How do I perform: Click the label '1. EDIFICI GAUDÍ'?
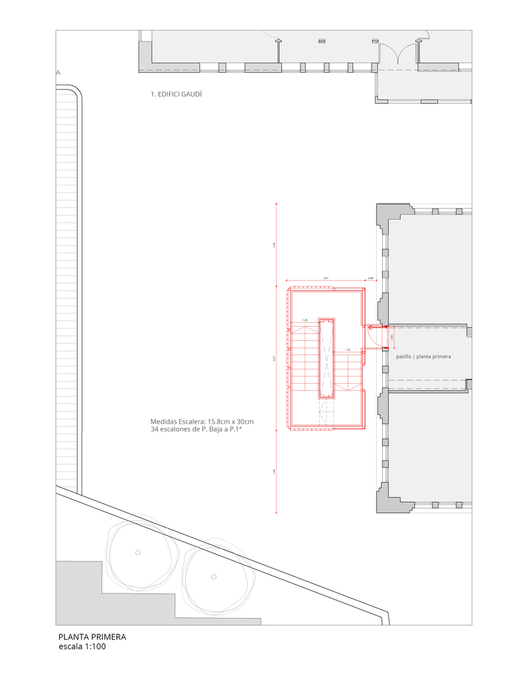(176, 95)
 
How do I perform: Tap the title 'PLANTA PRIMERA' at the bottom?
(92, 637)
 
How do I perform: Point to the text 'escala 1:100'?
(82, 647)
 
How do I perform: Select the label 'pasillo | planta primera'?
(424, 356)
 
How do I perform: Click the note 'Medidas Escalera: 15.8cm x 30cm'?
(202, 421)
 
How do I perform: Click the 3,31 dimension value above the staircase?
(326, 278)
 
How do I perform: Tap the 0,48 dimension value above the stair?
(371, 278)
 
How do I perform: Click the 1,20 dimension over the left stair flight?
(305, 320)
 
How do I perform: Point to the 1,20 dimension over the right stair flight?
(348, 350)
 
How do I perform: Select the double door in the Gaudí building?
(399, 54)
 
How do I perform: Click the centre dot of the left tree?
(138, 551)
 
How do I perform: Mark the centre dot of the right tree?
(213, 576)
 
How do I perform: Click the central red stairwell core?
(327, 359)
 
